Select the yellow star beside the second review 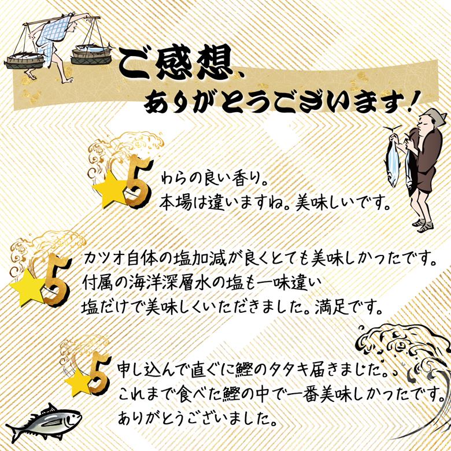(x=26, y=290)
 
